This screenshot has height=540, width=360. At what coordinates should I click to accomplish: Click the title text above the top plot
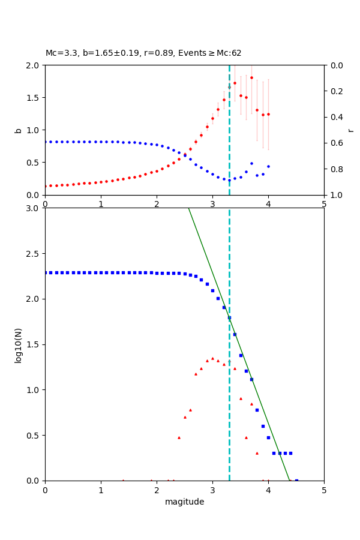tap(143, 53)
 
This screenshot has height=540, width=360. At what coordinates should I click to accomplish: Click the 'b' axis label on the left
tap(18, 130)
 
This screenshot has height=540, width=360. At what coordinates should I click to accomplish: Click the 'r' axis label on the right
tap(351, 130)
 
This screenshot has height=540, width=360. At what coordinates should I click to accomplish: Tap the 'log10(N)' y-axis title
tap(18, 344)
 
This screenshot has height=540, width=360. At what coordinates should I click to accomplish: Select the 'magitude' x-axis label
tap(184, 502)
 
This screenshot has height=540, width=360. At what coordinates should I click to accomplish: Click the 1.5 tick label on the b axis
tap(34, 98)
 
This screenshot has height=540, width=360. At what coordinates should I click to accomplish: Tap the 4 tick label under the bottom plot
tap(268, 490)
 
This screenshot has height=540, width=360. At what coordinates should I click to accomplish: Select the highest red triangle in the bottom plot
tap(212, 358)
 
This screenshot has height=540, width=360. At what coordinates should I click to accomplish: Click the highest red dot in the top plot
tap(251, 77)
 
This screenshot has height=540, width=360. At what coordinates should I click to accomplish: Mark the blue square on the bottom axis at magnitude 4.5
tap(296, 480)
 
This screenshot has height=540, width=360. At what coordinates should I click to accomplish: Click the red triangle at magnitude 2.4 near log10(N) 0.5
tap(179, 437)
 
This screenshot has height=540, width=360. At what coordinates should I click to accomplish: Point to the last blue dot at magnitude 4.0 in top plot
tap(268, 166)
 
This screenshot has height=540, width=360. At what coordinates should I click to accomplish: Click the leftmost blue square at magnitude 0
tap(45, 272)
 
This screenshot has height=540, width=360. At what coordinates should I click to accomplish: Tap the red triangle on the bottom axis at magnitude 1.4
tap(123, 480)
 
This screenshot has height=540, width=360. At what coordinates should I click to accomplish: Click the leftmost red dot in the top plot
tap(45, 186)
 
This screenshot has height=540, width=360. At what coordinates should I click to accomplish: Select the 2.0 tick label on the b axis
tap(34, 65)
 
